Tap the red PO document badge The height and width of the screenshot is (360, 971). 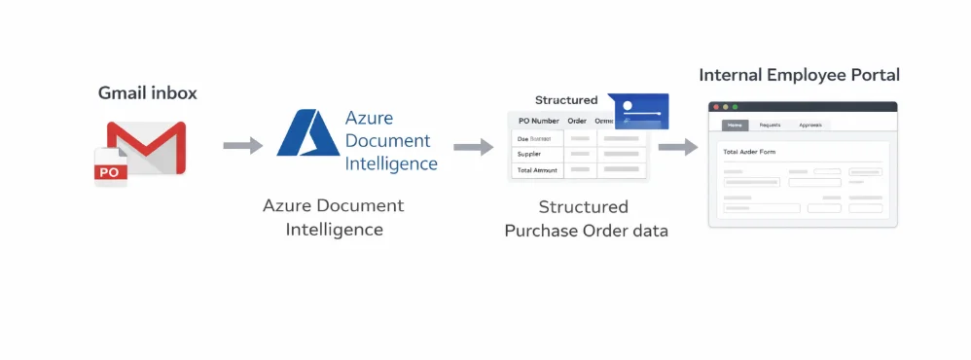109,170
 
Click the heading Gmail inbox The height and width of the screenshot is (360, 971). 148,93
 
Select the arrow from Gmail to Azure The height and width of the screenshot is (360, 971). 242,146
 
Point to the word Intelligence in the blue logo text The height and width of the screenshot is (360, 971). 391,163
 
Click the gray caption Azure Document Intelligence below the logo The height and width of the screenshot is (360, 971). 333,218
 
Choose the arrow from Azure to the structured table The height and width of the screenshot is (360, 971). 473,147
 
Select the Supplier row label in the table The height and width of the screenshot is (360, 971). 530,154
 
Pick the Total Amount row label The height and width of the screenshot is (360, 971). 536,170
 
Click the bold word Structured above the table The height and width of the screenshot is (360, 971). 566,100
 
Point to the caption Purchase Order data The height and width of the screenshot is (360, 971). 586,232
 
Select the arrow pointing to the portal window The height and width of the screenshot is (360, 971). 678,147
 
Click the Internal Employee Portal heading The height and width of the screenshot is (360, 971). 799,75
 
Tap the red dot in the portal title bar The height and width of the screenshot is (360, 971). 716,106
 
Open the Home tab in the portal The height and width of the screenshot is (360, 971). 735,126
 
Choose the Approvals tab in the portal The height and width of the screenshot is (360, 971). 809,126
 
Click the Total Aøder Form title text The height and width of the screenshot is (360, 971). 749,152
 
